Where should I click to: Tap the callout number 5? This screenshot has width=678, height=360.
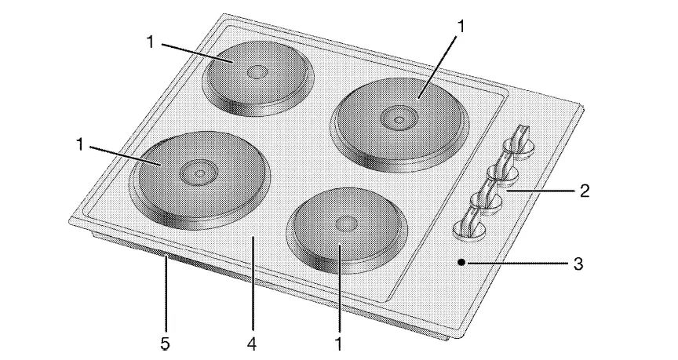pyautogui.click(x=165, y=343)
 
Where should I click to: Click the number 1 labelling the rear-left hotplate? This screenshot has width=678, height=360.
pyautogui.click(x=149, y=41)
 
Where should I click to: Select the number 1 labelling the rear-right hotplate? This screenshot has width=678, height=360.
pyautogui.click(x=461, y=25)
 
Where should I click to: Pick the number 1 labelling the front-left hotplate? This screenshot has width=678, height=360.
pyautogui.click(x=82, y=144)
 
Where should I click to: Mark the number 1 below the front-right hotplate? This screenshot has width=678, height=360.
pyautogui.click(x=339, y=343)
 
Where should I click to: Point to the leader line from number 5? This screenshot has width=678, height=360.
pyautogui.click(x=166, y=297)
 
